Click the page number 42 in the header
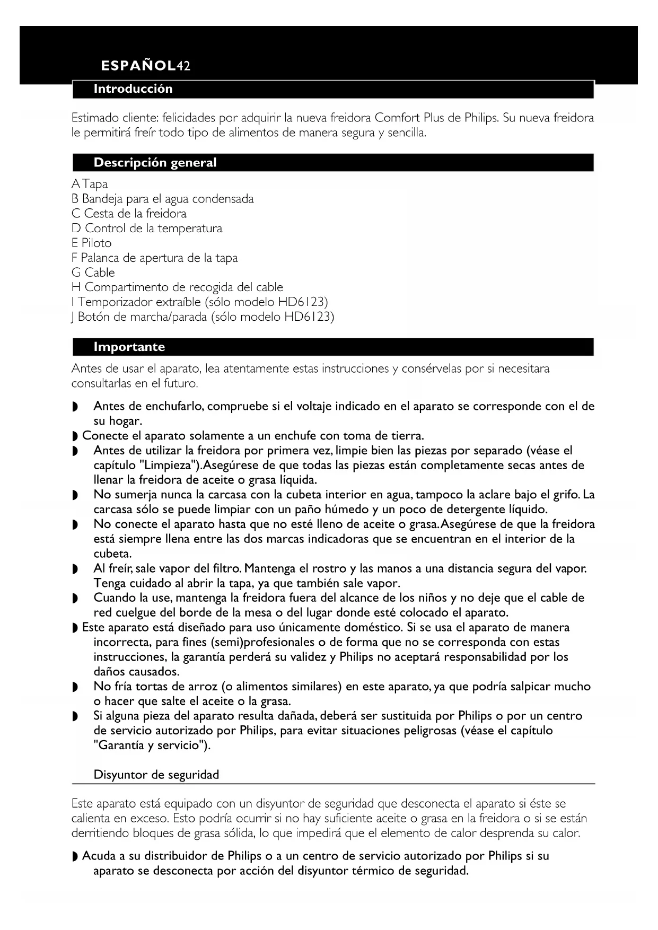pyautogui.click(x=183, y=66)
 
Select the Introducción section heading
pyautogui.click(x=133, y=89)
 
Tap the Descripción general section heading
pyautogui.click(x=155, y=163)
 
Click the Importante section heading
pyautogui.click(x=129, y=347)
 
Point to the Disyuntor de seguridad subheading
pyautogui.click(x=156, y=775)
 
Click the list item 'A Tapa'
pyautogui.click(x=90, y=185)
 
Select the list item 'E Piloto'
pyautogui.click(x=92, y=243)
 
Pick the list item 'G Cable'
pyautogui.click(x=93, y=273)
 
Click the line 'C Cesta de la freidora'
pyautogui.click(x=129, y=214)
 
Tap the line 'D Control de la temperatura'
pyautogui.click(x=147, y=229)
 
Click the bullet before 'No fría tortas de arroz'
pyautogui.click(x=75, y=688)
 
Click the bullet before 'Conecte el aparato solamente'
pyautogui.click(x=75, y=437)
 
